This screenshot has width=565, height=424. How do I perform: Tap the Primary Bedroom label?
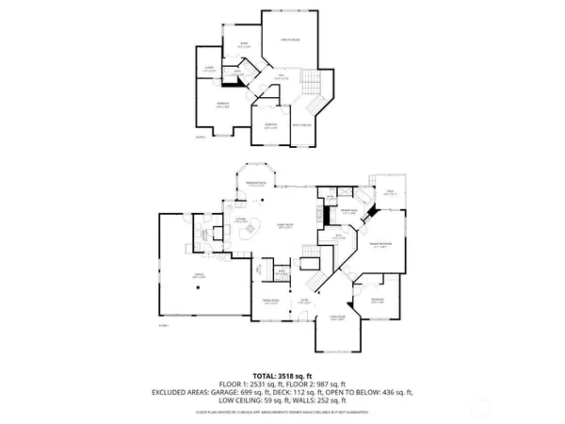pos(381,242)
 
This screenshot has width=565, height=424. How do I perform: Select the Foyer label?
pos(305,302)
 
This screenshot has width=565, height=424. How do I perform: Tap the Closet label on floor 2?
pos(208,68)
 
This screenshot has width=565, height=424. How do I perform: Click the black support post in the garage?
pos(200,290)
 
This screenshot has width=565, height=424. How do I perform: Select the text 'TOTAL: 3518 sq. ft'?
pos(282,375)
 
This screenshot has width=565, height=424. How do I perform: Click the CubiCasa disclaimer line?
pos(282,413)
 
